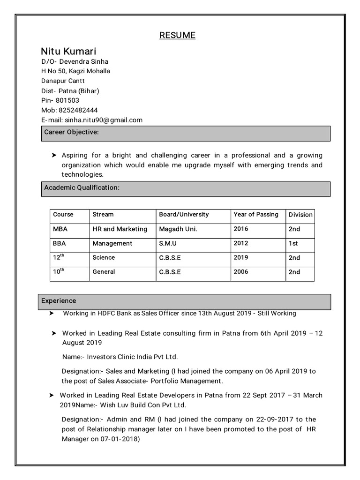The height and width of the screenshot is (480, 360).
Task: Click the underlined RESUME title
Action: click(177, 35)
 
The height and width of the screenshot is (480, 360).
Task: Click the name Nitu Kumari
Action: click(68, 51)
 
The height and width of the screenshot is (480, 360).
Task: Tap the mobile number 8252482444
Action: click(78, 110)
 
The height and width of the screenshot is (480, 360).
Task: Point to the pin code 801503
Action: click(67, 100)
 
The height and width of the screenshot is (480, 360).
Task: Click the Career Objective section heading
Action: click(71, 132)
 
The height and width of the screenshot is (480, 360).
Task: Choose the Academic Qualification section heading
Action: click(82, 187)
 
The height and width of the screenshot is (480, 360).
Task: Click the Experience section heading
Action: click(59, 300)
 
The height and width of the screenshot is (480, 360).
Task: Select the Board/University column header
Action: click(184, 214)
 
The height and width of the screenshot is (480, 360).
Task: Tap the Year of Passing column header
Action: click(255, 214)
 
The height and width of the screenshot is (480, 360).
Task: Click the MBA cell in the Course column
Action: click(60, 229)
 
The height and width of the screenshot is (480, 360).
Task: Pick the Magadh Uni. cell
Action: click(178, 229)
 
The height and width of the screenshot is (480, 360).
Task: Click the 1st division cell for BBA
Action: click(293, 243)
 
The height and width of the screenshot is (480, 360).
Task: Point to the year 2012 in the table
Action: click(241, 243)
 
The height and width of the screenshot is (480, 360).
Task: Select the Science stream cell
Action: click(104, 257)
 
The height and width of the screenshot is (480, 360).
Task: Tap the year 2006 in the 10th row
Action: click(241, 271)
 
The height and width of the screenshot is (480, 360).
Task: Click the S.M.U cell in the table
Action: click(168, 243)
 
